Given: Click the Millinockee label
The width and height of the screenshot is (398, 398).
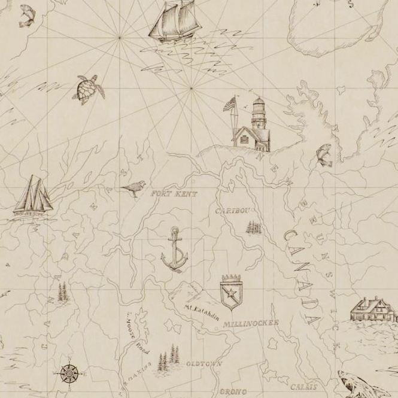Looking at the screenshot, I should (x=251, y=323).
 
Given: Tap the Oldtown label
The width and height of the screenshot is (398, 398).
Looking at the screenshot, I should (x=204, y=363).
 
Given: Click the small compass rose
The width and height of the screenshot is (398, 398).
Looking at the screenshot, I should (x=69, y=373).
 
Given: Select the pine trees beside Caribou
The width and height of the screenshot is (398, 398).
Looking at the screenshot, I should (x=254, y=227).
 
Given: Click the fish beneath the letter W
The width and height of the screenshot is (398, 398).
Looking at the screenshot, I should (x=324, y=154).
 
